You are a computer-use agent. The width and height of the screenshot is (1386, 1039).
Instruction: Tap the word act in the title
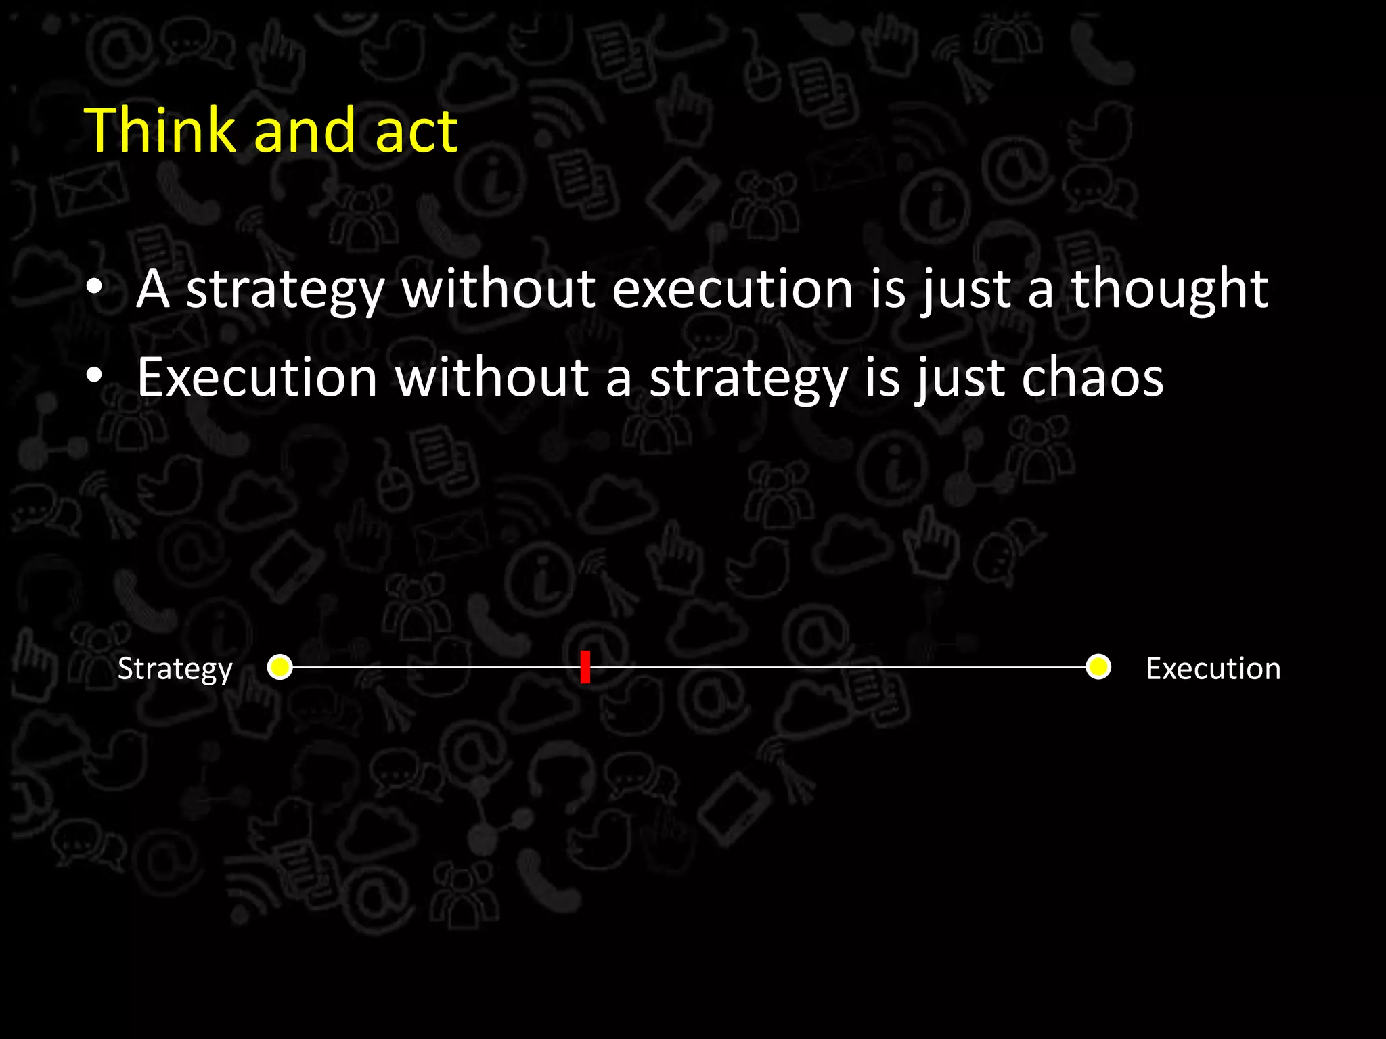[x=416, y=131]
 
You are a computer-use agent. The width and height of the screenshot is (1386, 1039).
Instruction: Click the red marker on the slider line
[x=585, y=667]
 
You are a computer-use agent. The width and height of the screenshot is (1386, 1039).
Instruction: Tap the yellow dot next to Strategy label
[x=280, y=667]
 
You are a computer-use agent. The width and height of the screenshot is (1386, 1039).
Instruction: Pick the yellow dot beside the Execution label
[x=1098, y=667]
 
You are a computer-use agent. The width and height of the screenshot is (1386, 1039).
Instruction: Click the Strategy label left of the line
[x=175, y=669]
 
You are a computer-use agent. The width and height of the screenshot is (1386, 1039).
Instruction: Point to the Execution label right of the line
[x=1213, y=668]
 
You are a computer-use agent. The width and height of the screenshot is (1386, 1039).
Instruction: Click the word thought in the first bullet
[x=1169, y=290]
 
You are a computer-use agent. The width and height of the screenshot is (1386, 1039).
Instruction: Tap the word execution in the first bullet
[x=732, y=290]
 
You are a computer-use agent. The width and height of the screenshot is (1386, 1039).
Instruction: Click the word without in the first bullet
[x=498, y=290]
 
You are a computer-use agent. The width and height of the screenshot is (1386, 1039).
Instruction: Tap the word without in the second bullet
[x=492, y=377]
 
